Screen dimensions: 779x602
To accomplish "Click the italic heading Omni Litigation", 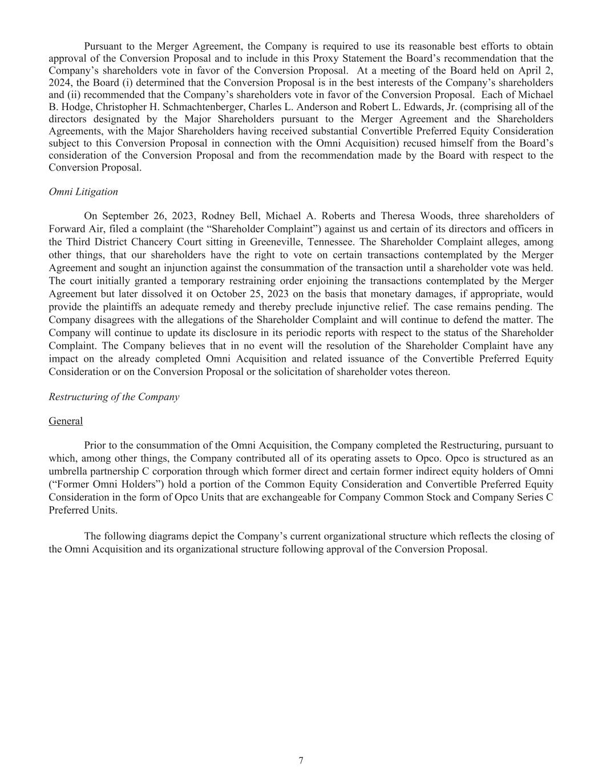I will pos(83,192).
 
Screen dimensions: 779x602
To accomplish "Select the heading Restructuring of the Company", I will pos(114,397).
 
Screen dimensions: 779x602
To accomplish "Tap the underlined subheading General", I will pos(66,421).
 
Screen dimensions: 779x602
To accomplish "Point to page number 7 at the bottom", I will pos(301,760).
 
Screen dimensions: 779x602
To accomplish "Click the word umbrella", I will pos(68,471).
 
